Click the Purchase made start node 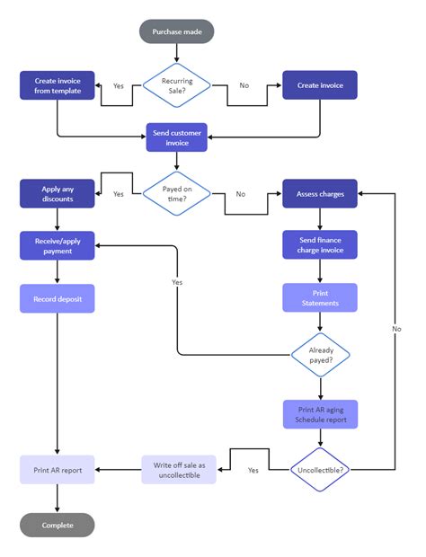(x=177, y=31)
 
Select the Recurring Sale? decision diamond (x=177, y=85)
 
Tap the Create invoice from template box (x=58, y=85)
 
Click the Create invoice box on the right (x=320, y=85)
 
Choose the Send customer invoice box (x=177, y=137)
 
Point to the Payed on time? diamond (x=177, y=193)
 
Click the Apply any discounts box (x=58, y=193)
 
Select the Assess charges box (x=320, y=193)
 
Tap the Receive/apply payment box (x=58, y=245)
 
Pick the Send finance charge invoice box (x=320, y=245)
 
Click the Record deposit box (x=58, y=297)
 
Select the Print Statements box (x=320, y=297)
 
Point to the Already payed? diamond (x=320, y=354)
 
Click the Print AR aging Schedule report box (x=320, y=414)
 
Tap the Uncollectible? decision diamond (x=320, y=470)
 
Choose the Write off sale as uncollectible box (x=178, y=470)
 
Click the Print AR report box (x=58, y=470)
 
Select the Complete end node (x=58, y=525)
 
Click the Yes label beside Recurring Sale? (x=119, y=85)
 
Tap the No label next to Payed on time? (x=241, y=193)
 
